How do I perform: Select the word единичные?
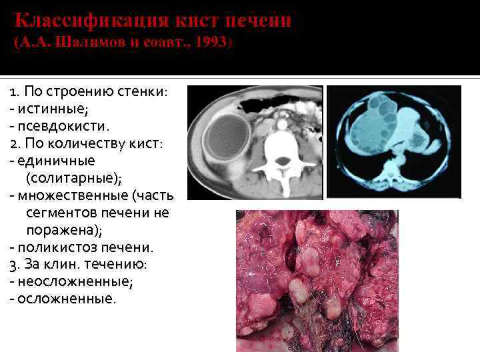57,161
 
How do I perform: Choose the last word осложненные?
67,299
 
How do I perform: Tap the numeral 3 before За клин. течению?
13,265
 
